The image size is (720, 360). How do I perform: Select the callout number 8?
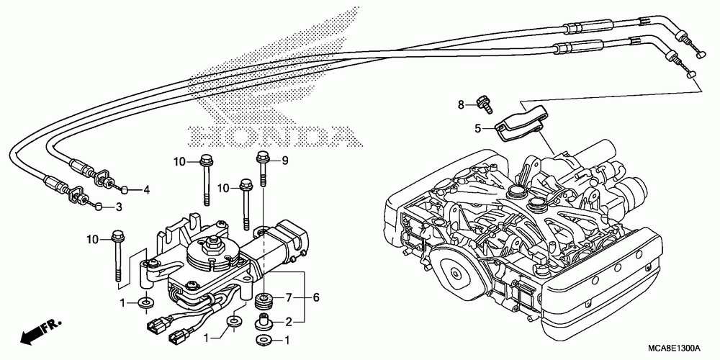[x=462, y=105]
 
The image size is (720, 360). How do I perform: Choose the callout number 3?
[x=120, y=208]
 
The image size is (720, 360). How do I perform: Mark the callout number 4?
[x=146, y=190]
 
